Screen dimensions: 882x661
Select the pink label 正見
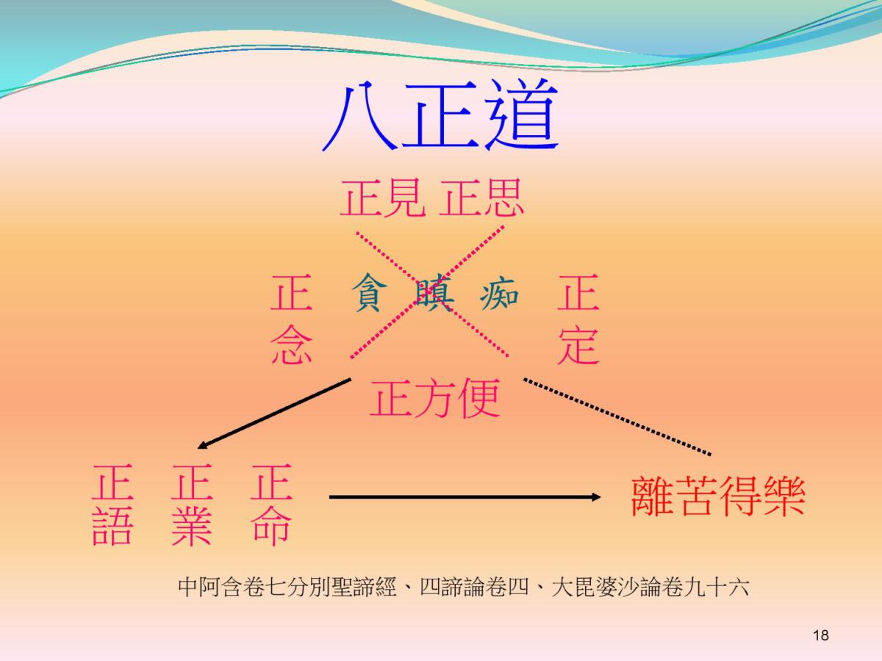383,198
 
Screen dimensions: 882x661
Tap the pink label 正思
481,198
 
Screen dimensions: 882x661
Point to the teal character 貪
370,292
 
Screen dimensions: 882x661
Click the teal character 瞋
434,292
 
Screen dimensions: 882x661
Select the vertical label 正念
291,319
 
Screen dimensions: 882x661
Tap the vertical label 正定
578,319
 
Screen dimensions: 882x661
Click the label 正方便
435,399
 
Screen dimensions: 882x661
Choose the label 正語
112,505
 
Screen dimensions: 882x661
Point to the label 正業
192,505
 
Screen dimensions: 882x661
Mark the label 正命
271,505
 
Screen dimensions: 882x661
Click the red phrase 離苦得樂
718,496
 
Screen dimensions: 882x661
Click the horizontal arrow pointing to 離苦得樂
465,497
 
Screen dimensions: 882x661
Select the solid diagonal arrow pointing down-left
274,413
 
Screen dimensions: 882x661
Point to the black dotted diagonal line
617,416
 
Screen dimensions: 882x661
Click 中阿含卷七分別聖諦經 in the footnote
287,588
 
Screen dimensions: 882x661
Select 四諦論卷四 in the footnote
474,588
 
